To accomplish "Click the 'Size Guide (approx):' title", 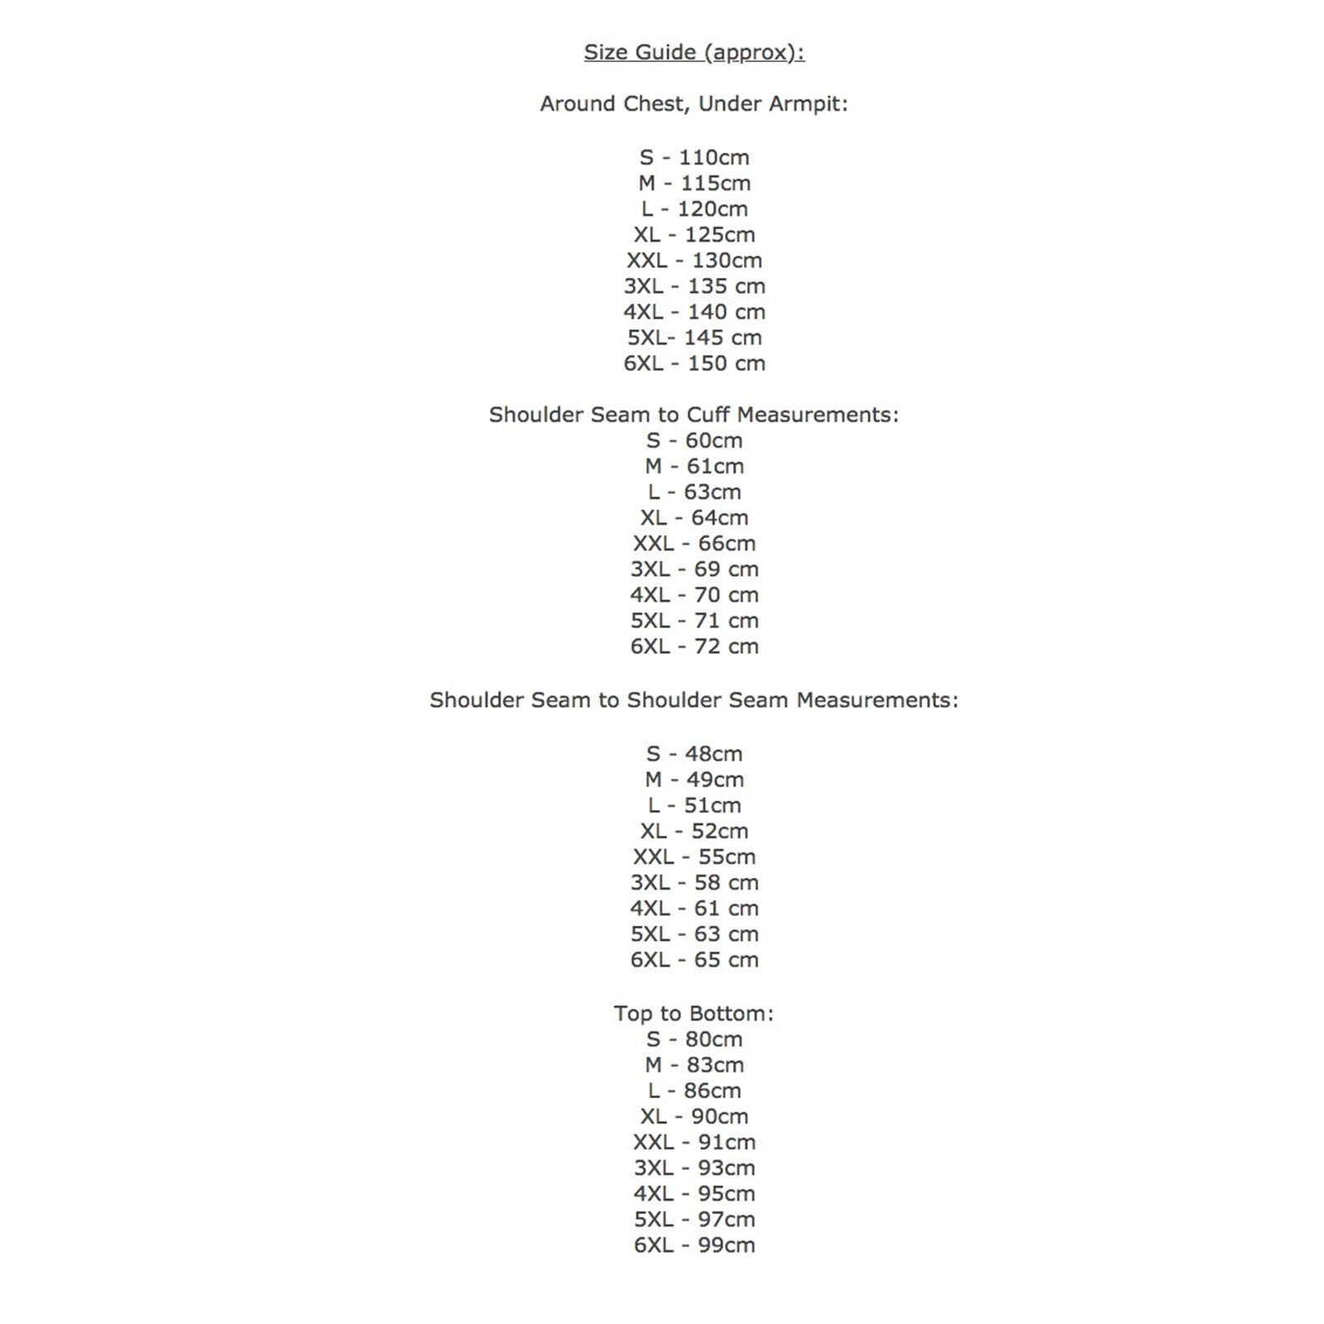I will pyautogui.click(x=693, y=52).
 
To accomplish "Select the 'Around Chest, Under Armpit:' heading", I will pyautogui.click(x=693, y=104).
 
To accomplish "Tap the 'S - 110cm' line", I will pyautogui.click(x=693, y=157).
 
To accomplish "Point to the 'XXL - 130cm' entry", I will pyautogui.click(x=693, y=260).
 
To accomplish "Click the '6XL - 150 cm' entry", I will pyautogui.click(x=693, y=363).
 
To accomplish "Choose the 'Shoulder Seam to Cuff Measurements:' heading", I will pyautogui.click(x=693, y=415).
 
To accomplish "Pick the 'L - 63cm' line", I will pyautogui.click(x=693, y=492).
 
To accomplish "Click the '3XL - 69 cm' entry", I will pyautogui.click(x=693, y=569).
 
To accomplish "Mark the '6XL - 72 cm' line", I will pyautogui.click(x=693, y=646).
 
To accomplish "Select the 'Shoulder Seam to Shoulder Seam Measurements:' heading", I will pyautogui.click(x=693, y=700).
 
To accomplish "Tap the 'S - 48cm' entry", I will pyautogui.click(x=693, y=754).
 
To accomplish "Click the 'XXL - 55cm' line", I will pyautogui.click(x=693, y=856).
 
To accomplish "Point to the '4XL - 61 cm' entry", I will pyautogui.click(x=693, y=908).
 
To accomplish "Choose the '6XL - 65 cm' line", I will pyautogui.click(x=693, y=960).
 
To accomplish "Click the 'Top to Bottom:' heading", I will pyautogui.click(x=693, y=1014).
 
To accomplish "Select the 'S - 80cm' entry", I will pyautogui.click(x=693, y=1039).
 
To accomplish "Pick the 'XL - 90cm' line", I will pyautogui.click(x=693, y=1116).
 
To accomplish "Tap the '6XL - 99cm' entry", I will pyautogui.click(x=693, y=1245).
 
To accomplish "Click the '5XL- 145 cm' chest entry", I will pyautogui.click(x=693, y=338).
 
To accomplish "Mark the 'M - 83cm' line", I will pyautogui.click(x=693, y=1065).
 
